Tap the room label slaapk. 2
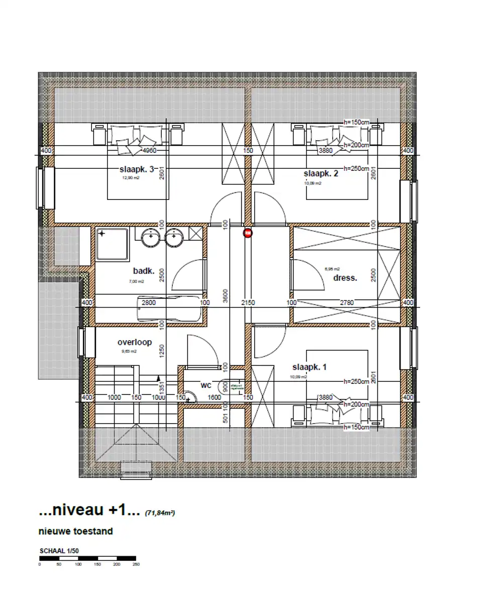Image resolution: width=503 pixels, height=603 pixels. click(x=321, y=174)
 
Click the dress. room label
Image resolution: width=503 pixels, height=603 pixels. click(x=345, y=277)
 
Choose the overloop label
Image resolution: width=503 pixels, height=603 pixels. click(x=135, y=342)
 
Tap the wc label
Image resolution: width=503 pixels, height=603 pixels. click(x=206, y=385)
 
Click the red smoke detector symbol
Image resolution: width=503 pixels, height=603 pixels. click(x=248, y=233)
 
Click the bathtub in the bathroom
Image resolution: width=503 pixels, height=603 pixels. click(x=170, y=308)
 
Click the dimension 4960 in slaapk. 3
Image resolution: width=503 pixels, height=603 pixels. click(x=150, y=150)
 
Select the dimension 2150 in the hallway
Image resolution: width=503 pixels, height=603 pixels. click(x=248, y=303)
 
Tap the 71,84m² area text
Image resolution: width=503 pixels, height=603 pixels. click(x=160, y=513)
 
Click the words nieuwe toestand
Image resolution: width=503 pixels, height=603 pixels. click(x=75, y=531)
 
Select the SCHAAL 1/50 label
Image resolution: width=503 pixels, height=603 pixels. click(x=59, y=551)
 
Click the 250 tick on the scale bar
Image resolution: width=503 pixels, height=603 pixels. click(x=136, y=564)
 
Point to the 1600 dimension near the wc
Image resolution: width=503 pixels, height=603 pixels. click(x=215, y=397)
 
